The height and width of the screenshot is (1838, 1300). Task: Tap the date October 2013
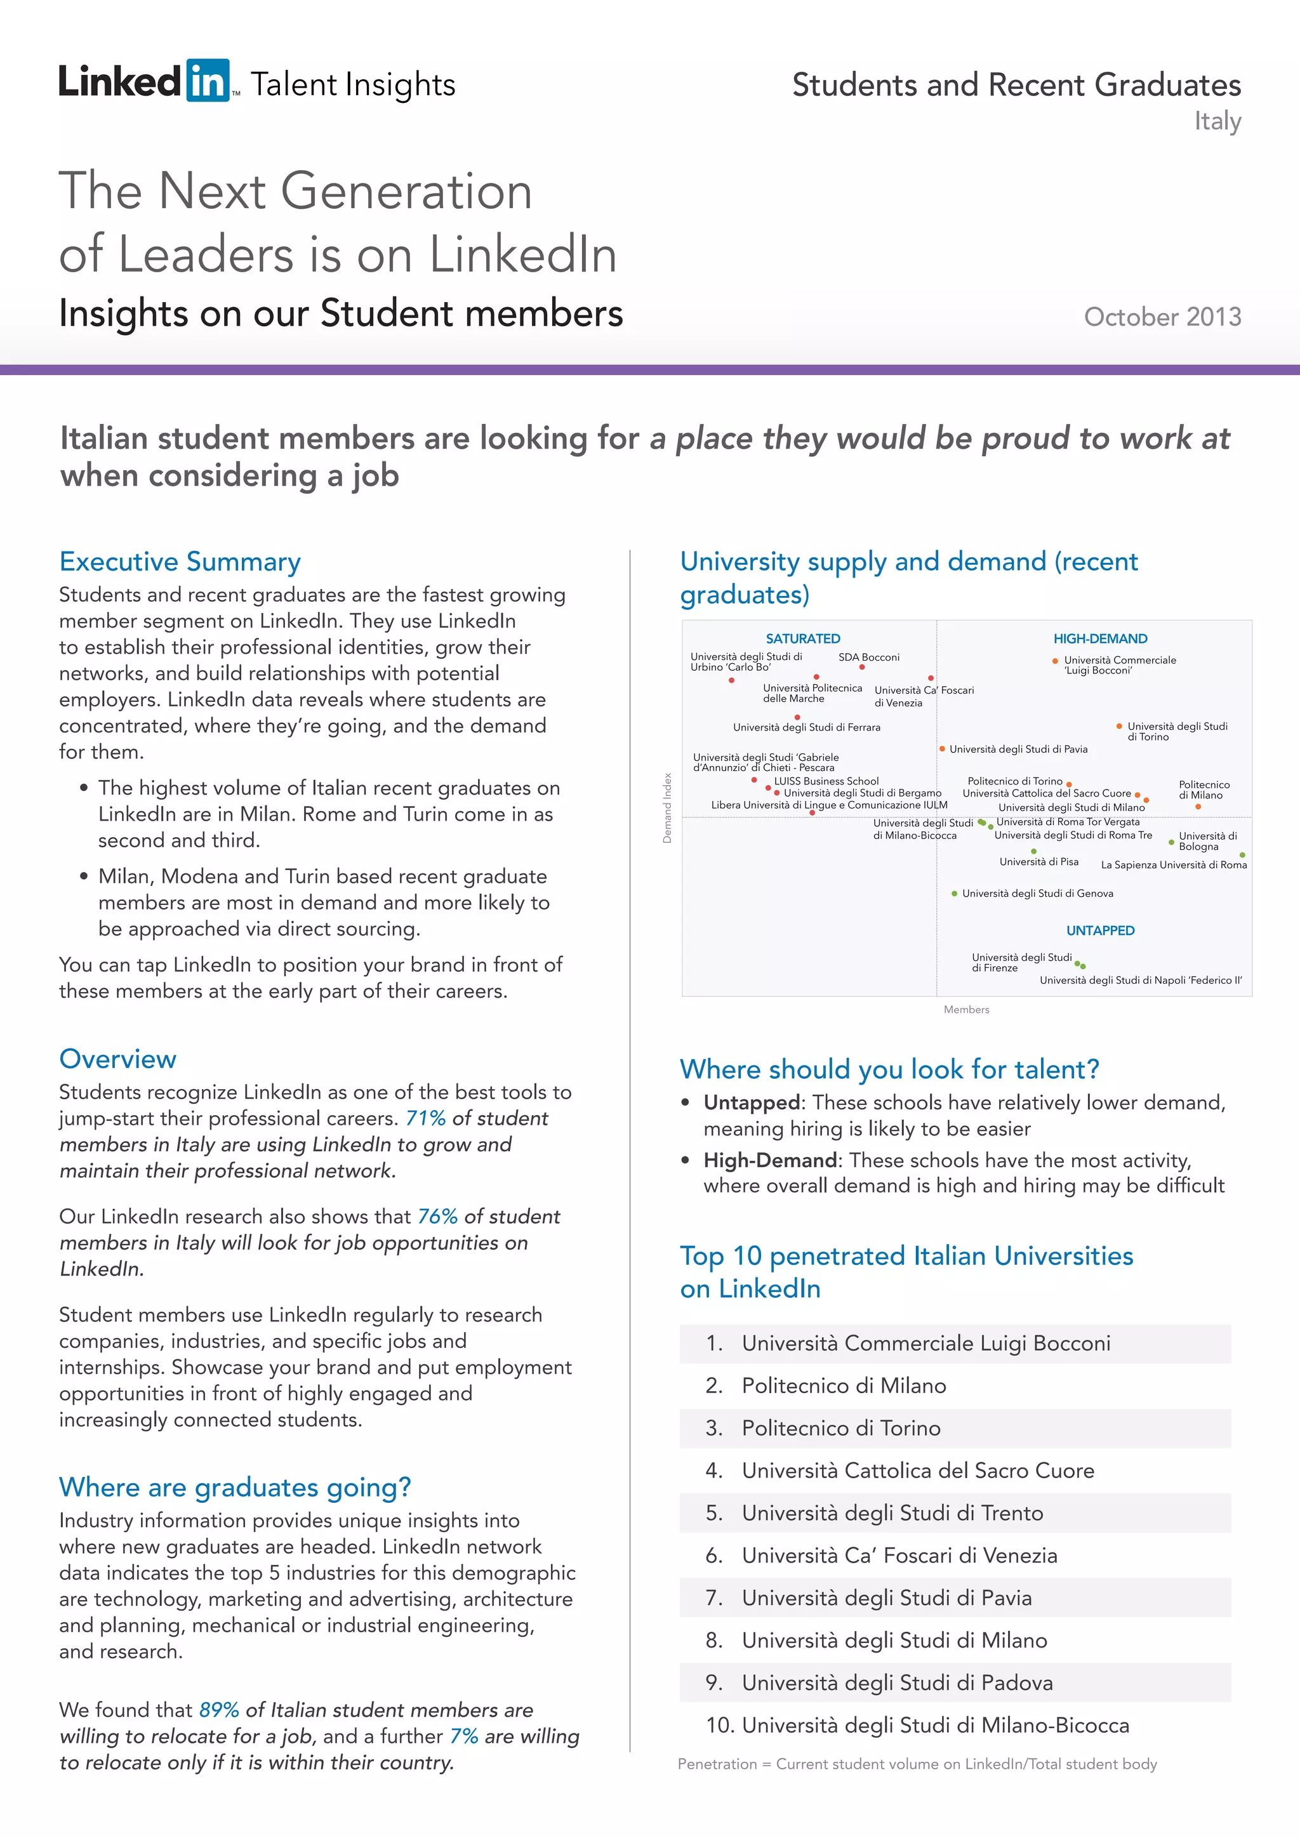coord(1162,317)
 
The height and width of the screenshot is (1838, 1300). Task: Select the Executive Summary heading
coord(180,561)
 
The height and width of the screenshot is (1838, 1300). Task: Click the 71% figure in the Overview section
coord(425,1118)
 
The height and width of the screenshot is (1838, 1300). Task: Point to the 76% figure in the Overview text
coord(437,1217)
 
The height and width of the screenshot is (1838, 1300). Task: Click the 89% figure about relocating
coord(218,1710)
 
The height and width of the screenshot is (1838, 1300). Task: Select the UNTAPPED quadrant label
coord(1100,930)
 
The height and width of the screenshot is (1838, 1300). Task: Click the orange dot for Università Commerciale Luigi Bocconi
coord(1055,661)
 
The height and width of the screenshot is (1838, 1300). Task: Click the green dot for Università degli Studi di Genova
coord(954,894)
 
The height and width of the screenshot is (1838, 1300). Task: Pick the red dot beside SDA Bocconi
coord(862,667)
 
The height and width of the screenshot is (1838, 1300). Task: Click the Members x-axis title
coord(966,1010)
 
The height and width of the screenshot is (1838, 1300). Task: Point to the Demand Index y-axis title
coord(667,808)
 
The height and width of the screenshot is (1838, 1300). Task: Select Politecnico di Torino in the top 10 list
coord(840,1428)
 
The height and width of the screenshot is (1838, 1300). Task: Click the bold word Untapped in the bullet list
coord(751,1102)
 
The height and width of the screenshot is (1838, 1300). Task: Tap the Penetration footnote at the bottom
coord(917,1764)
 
